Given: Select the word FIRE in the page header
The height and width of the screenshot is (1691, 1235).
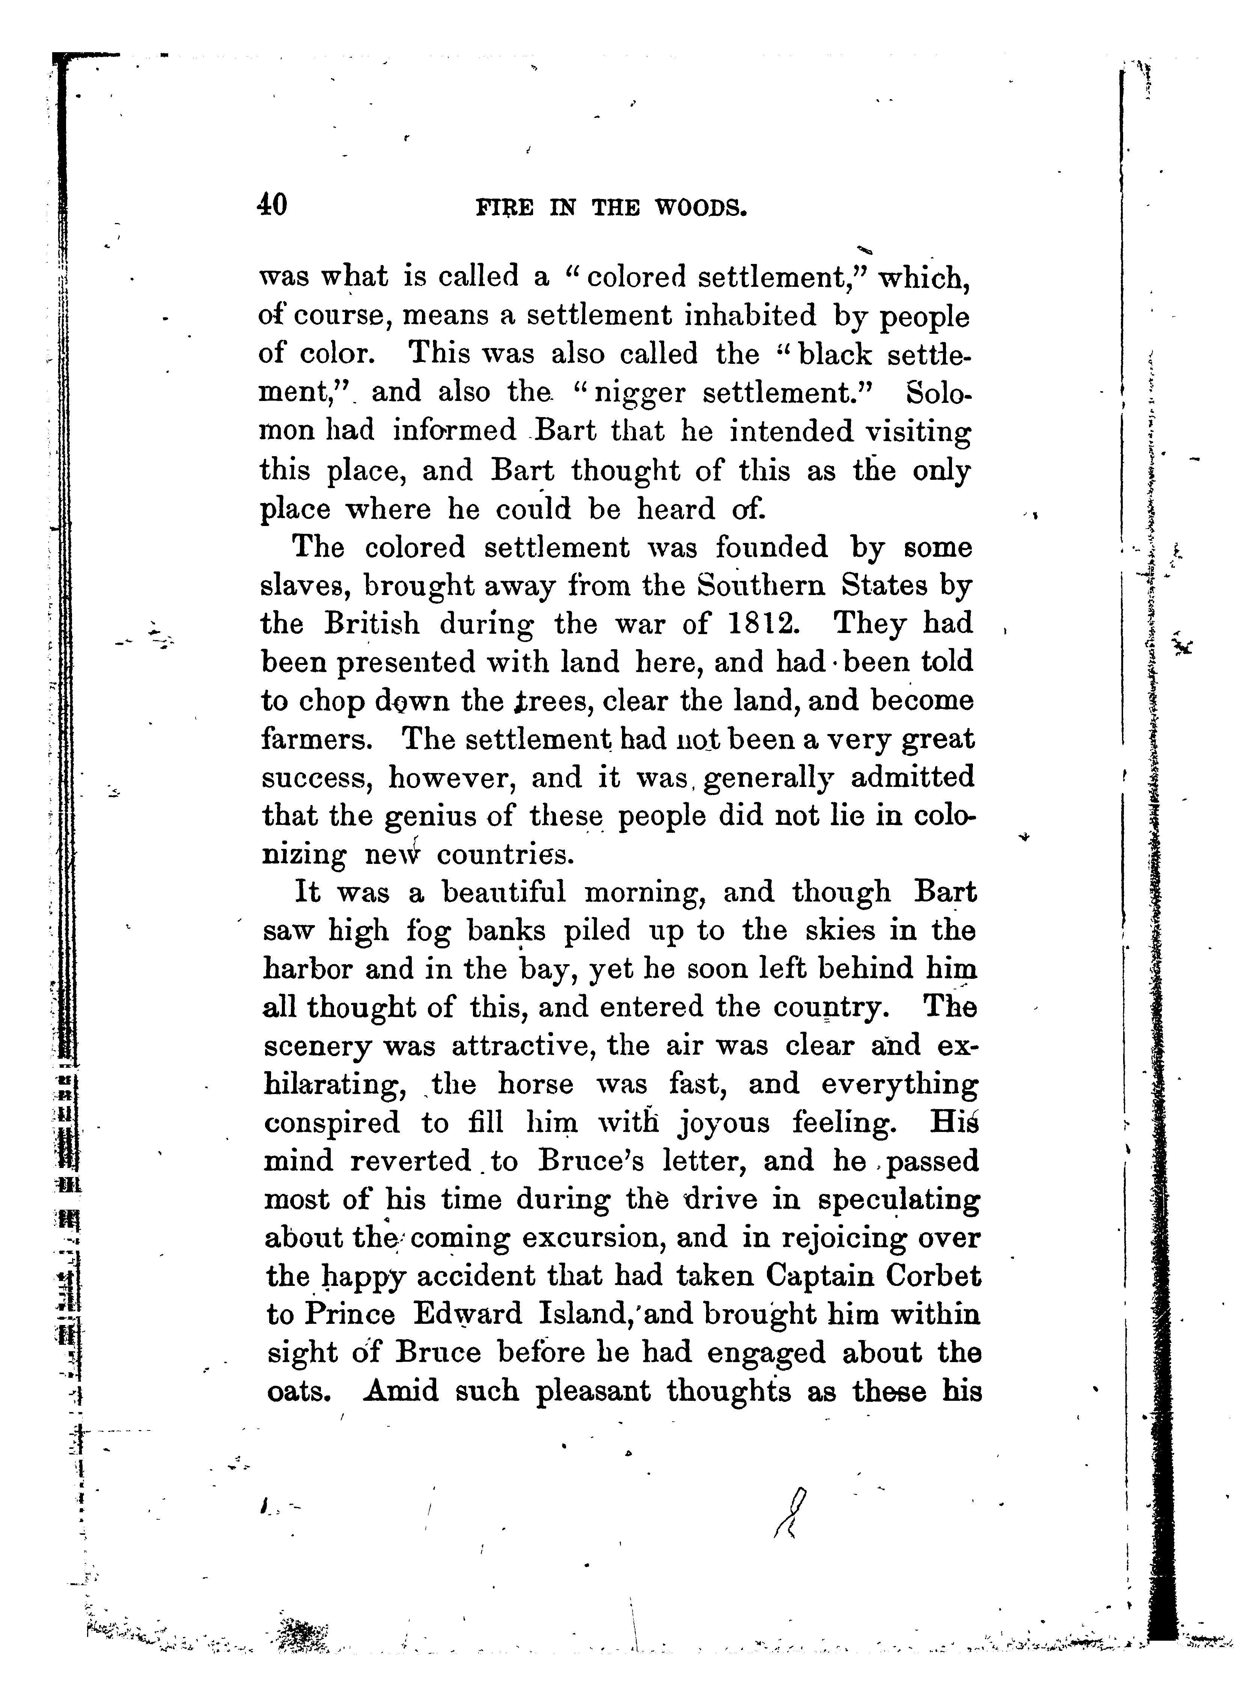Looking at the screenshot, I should (x=505, y=208).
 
